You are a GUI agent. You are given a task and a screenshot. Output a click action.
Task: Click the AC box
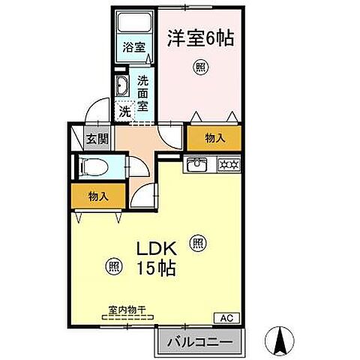click(x=226, y=318)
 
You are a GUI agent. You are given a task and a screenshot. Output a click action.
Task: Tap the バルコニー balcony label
click(x=199, y=341)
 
